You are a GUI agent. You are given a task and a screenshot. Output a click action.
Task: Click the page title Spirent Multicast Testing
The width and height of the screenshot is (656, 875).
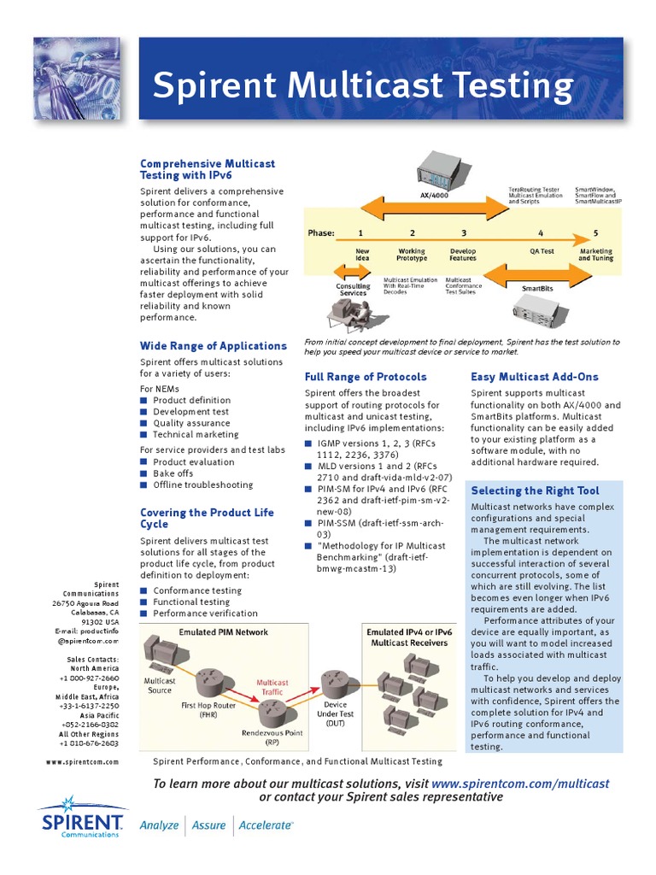pos(362,87)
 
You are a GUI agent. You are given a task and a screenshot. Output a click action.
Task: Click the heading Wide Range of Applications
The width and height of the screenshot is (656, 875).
pos(213,346)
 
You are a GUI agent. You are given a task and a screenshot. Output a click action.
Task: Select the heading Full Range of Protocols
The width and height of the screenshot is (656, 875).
pos(366,377)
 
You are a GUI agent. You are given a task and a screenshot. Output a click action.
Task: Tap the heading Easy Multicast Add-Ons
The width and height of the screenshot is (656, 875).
pos(535,377)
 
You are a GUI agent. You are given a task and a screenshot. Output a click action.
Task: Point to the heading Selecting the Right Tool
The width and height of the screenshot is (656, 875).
pos(535,490)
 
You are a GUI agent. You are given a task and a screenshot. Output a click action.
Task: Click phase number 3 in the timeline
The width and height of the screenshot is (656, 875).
pos(464,232)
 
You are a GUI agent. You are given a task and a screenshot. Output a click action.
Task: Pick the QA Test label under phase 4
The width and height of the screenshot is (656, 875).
pos(542,252)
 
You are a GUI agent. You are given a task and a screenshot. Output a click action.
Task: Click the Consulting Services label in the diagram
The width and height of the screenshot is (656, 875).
pos(353,290)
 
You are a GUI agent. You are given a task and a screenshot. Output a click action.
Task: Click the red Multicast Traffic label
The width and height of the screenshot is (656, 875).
pos(272,687)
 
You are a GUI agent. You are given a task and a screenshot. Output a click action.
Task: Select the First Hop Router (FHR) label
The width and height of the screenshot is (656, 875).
pos(209,709)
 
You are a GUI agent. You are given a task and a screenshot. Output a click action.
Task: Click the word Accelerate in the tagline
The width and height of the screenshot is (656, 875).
pos(265,825)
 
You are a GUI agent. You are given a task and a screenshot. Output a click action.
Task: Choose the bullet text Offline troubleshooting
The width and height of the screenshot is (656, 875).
pos(202,484)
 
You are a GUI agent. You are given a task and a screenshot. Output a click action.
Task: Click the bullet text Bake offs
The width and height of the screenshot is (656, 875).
pos(173,473)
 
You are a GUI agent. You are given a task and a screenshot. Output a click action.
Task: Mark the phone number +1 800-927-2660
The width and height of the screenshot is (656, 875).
pos(89,678)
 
